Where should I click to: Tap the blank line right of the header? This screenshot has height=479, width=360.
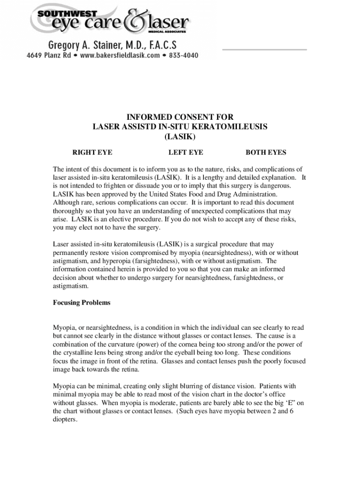coord(264,49)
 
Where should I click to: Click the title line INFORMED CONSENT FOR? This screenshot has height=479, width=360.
coord(180,117)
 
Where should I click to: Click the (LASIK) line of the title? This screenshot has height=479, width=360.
coord(180,137)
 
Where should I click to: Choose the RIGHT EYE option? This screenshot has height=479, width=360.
coord(92,152)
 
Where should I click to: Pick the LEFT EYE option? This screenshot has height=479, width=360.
coord(186,152)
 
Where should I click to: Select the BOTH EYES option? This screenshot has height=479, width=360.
coord(266,152)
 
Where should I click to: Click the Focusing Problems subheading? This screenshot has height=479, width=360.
coord(81,303)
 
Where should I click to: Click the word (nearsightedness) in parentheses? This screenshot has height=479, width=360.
coord(221,253)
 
